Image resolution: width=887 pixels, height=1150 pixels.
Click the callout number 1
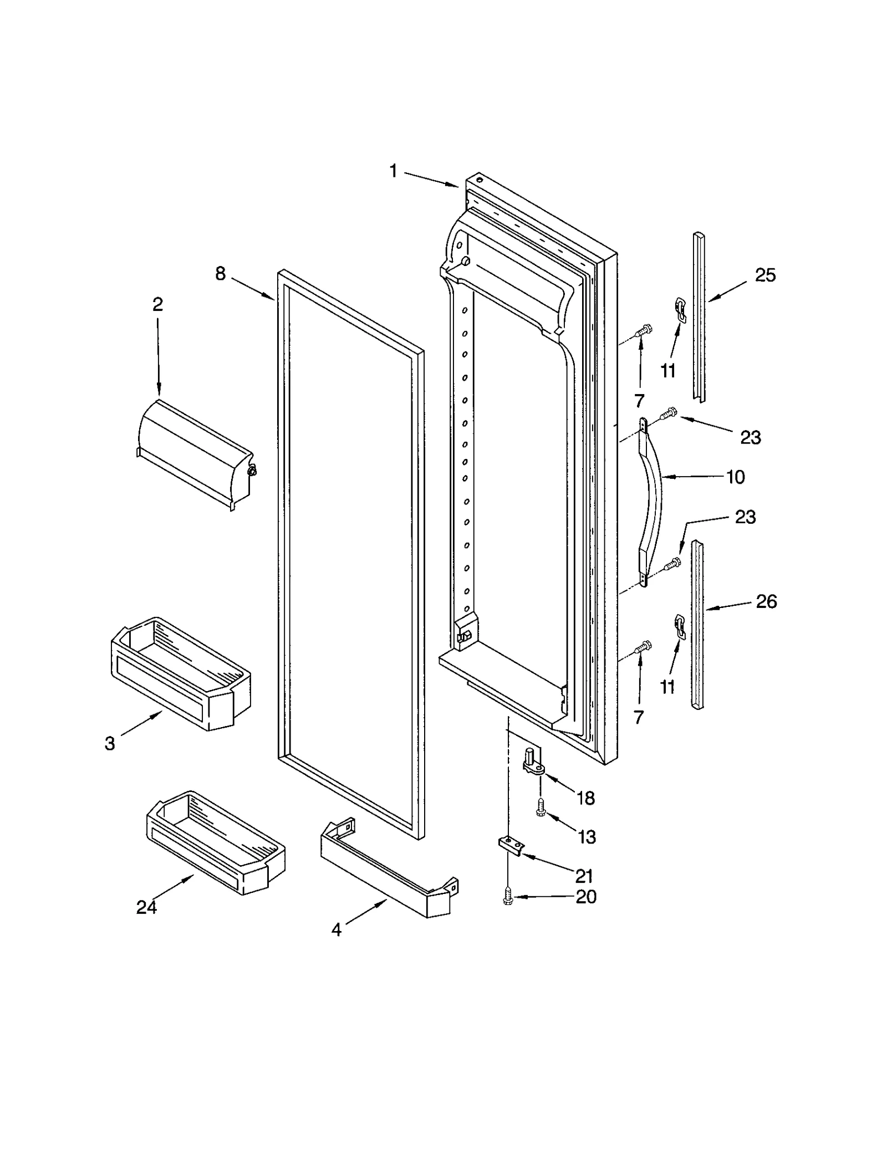[x=393, y=171]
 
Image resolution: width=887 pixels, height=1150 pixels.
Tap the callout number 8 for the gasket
[x=221, y=273]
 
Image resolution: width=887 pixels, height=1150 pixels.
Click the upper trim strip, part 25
[x=699, y=316]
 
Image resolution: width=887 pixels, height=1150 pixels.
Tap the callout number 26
[x=767, y=601]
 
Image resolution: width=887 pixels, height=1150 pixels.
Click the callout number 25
[x=766, y=275]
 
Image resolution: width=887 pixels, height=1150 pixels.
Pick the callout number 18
[x=585, y=798]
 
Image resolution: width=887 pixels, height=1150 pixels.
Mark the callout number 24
[x=146, y=907]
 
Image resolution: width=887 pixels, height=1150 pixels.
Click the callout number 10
[x=736, y=477]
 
